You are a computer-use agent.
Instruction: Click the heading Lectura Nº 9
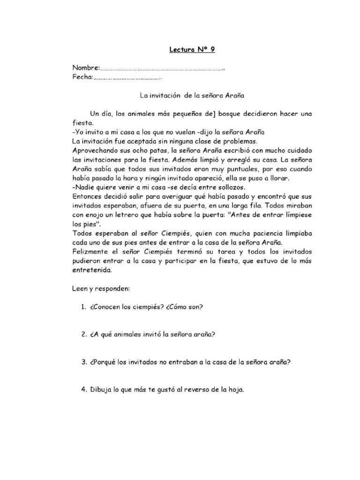point(192,49)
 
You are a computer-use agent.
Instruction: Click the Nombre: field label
point(86,68)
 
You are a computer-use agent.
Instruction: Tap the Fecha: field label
point(83,77)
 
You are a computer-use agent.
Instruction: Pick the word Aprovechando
point(95,150)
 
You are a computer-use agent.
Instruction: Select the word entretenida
point(92,270)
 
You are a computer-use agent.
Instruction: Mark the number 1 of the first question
point(82,307)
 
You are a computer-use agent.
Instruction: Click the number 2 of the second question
point(82,335)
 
